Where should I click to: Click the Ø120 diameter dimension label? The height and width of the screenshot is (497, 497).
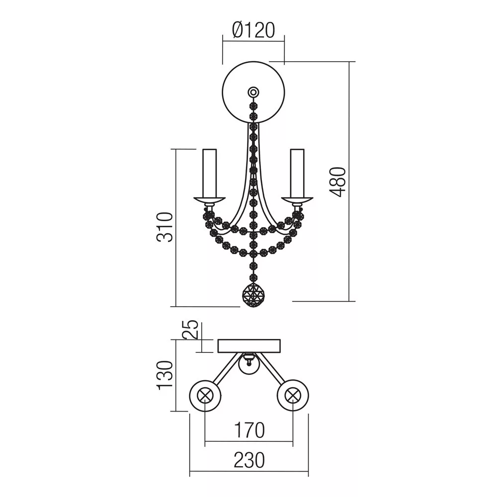253,30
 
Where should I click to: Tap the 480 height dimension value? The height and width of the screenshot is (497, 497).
337,182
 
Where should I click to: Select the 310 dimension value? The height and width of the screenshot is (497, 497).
165,227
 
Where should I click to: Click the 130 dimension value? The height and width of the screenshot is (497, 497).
165,375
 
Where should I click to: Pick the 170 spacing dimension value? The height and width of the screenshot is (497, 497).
249,430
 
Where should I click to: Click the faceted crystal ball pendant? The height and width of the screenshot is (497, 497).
253,295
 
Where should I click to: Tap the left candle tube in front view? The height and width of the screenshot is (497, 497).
210,173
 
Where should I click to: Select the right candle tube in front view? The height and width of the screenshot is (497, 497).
297,173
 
